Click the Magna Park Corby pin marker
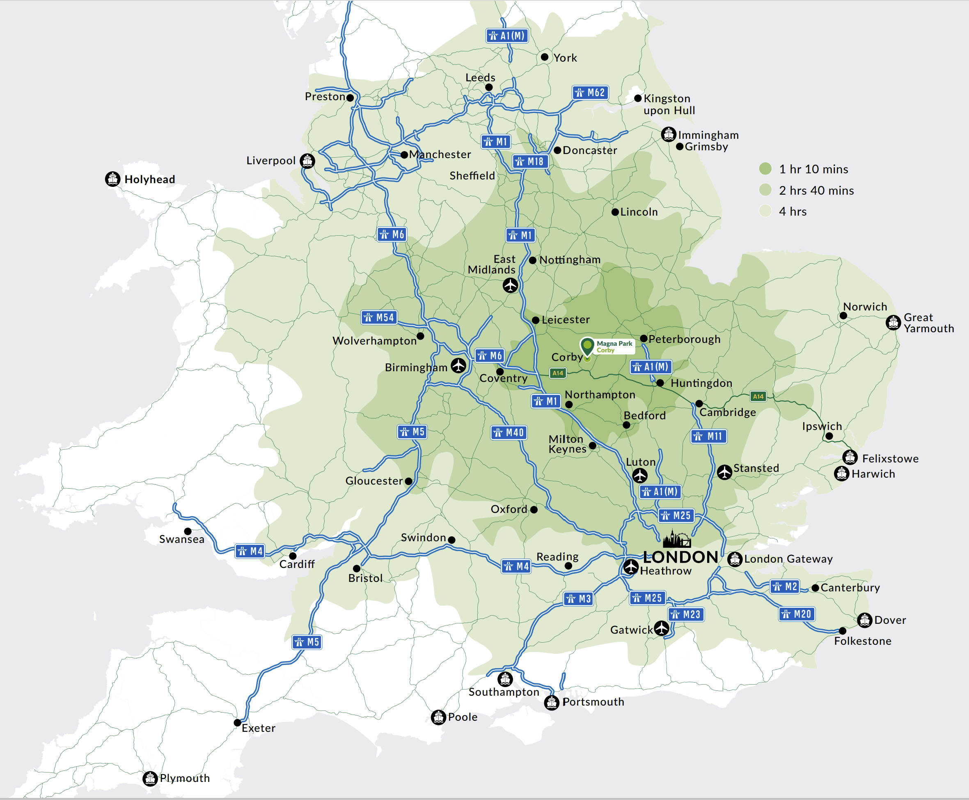pos(587,347)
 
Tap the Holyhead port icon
pos(113,179)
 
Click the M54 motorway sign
pos(379,317)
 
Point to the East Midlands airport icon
pos(510,285)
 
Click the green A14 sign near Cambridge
pos(758,396)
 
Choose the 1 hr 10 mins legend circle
pos(765,169)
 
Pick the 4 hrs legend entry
pos(792,211)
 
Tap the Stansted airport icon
pos(724,472)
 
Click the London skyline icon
pos(676,539)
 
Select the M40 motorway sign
pos(509,433)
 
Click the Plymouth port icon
pos(150,778)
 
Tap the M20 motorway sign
pos(797,614)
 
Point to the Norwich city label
pos(865,307)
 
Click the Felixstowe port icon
pos(850,457)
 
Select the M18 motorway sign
pos(530,162)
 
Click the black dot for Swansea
pos(188,531)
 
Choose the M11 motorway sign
pos(709,437)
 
